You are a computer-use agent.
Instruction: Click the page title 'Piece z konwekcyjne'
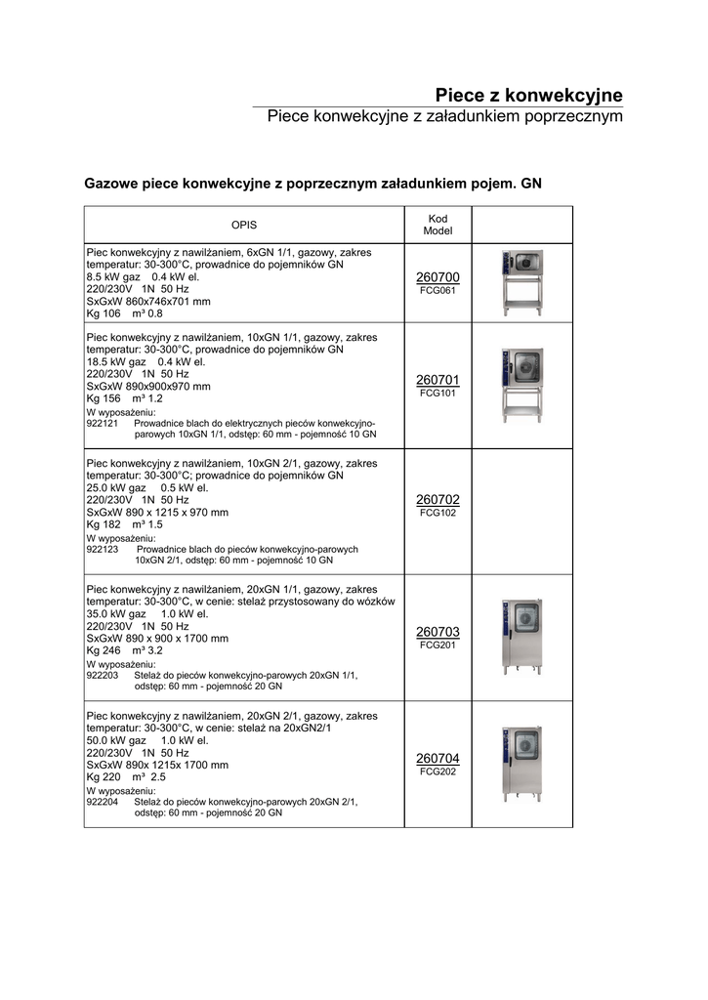pos(528,95)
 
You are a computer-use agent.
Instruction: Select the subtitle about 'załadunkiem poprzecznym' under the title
pos(444,117)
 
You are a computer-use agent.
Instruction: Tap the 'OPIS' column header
pos(243,225)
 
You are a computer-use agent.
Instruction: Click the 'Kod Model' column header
pos(437,225)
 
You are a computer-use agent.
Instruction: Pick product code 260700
pos(437,278)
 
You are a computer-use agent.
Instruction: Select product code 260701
pos(437,380)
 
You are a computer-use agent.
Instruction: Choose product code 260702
pos(437,500)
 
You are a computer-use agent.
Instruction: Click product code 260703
pos(437,632)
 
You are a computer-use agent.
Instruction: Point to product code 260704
pos(437,759)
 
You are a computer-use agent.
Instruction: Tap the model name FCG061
pos(437,291)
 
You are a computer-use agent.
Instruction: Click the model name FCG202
pos(437,771)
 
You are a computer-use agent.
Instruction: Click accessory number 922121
pos(103,424)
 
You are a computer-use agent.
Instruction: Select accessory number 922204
pos(103,802)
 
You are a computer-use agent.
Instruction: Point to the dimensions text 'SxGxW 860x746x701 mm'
pos(148,302)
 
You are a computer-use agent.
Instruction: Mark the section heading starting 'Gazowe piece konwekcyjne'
pos(312,183)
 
